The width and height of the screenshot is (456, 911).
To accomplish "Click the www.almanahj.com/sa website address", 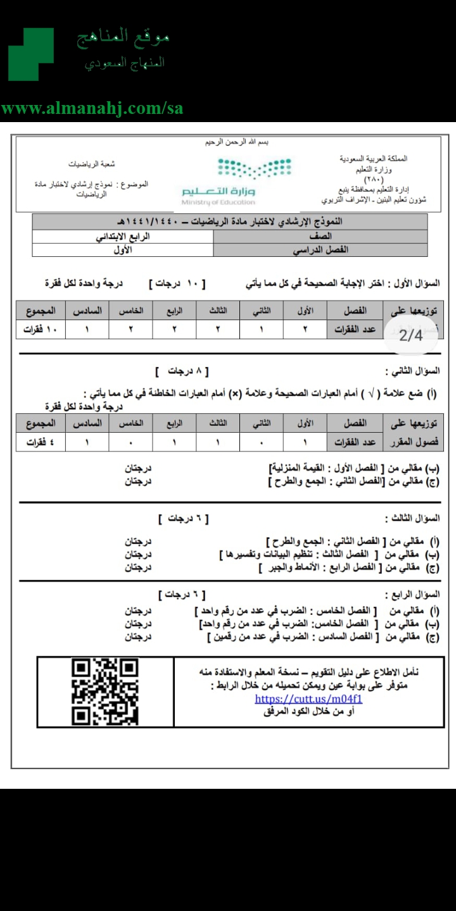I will point(92,108).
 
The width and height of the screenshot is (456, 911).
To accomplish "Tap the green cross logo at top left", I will point(31,54).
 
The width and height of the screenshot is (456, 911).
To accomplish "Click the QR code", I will point(105,691).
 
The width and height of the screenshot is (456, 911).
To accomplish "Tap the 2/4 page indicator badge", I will point(411,335).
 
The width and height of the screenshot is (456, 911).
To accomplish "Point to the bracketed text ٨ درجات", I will point(182,371).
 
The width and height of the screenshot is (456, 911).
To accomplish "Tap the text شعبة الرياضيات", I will point(92,164).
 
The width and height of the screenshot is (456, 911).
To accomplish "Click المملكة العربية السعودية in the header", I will point(374,159).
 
